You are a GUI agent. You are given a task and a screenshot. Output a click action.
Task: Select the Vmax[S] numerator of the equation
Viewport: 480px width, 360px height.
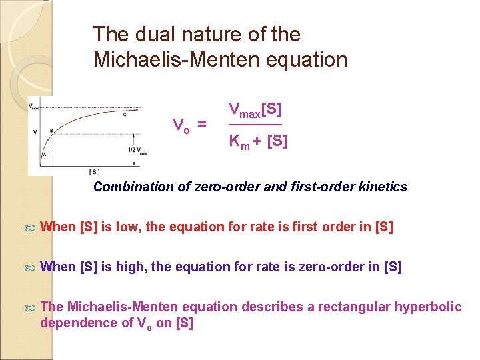coord(255,109)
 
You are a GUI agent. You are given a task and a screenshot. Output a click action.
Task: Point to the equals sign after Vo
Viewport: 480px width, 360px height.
coord(201,125)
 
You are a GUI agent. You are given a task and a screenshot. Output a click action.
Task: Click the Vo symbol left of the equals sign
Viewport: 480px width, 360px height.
coord(179,125)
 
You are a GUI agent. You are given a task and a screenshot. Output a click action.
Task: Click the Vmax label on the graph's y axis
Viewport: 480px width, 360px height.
coord(33,105)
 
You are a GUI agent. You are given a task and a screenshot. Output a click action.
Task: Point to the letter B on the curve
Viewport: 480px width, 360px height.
coord(51,131)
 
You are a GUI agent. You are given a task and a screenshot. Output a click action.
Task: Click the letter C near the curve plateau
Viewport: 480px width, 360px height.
coord(125,115)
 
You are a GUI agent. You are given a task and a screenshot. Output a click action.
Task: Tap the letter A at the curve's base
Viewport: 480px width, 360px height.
coord(44,154)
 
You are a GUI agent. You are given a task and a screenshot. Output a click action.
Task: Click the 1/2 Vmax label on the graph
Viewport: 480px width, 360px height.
coord(137,151)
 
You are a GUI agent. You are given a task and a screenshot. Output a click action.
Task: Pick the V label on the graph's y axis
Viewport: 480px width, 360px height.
coord(35,132)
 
